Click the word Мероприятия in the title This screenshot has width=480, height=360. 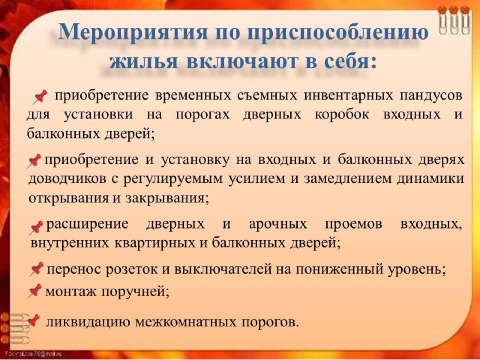coord(133,32)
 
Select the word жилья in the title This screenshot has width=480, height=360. coord(143,61)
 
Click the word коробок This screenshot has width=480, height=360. coord(341,115)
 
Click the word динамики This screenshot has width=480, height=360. coord(430,179)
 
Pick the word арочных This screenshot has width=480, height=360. coord(278,224)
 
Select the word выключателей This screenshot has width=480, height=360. coord(223,269)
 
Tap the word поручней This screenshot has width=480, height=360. coord(136,292)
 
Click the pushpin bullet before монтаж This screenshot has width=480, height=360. coord(34,291)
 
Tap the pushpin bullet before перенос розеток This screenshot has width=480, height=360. coord(37,269)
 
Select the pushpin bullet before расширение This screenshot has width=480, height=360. coord(37,228)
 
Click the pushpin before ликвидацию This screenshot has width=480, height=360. coord(33,322)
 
